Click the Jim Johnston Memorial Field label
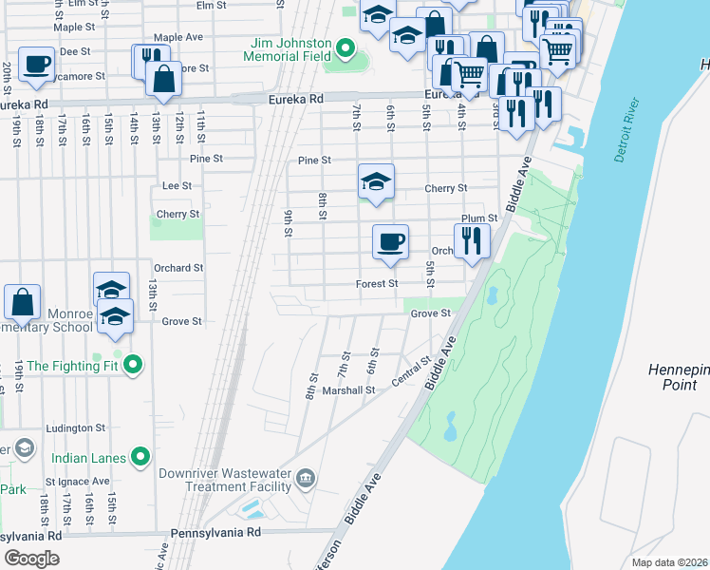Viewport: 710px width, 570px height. point(291,51)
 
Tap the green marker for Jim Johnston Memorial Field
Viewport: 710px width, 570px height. point(346,47)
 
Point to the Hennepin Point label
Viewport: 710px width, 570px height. point(680,377)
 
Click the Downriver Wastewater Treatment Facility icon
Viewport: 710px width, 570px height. point(306,476)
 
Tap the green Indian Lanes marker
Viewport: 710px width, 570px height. point(140,458)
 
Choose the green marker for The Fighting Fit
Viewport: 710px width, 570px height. point(134,364)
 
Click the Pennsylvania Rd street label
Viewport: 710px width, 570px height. point(215,534)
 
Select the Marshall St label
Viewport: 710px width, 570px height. point(348,389)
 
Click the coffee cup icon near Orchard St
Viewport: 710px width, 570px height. point(389,240)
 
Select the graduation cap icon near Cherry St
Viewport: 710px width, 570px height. point(376,180)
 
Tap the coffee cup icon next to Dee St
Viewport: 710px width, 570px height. point(36,64)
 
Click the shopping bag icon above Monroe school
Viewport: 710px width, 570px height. point(22,301)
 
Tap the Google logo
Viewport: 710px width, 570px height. point(31,559)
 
